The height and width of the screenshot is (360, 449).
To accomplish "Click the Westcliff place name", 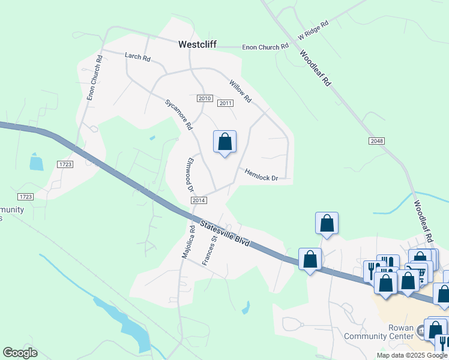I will [x=197, y=44].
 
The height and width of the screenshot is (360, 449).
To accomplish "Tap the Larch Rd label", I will [x=137, y=56].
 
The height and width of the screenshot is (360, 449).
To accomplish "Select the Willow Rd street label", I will [x=240, y=89].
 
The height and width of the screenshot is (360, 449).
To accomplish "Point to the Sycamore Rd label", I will [x=178, y=115].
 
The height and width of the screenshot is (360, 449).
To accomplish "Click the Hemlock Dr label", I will [x=261, y=175].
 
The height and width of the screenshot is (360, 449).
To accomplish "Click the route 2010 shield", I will [x=205, y=98].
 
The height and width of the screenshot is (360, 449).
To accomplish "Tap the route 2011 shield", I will [x=225, y=103].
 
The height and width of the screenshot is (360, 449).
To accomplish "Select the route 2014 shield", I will [x=199, y=200].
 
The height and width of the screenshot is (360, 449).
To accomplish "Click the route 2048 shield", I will [x=376, y=140].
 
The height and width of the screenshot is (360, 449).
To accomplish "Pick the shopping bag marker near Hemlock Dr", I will [x=224, y=143].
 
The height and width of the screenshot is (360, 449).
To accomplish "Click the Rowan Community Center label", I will [x=378, y=332].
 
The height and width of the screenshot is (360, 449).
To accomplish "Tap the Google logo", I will [x=20, y=353].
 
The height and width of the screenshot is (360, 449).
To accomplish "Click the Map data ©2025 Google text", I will [x=412, y=355].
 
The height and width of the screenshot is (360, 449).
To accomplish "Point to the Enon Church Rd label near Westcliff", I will [x=265, y=47].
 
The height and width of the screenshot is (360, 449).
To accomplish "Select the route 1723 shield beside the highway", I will [x=65, y=164].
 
